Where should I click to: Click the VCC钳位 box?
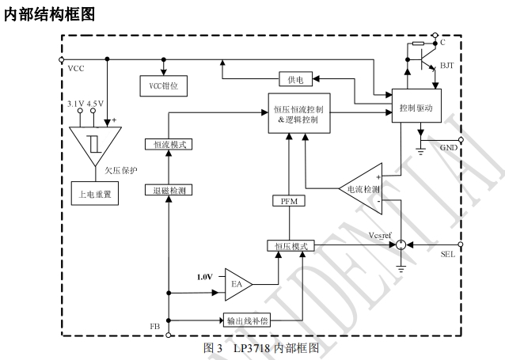163,85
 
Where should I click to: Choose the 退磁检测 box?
167,190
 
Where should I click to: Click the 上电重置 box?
94,194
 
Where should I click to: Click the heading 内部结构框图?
49,13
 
